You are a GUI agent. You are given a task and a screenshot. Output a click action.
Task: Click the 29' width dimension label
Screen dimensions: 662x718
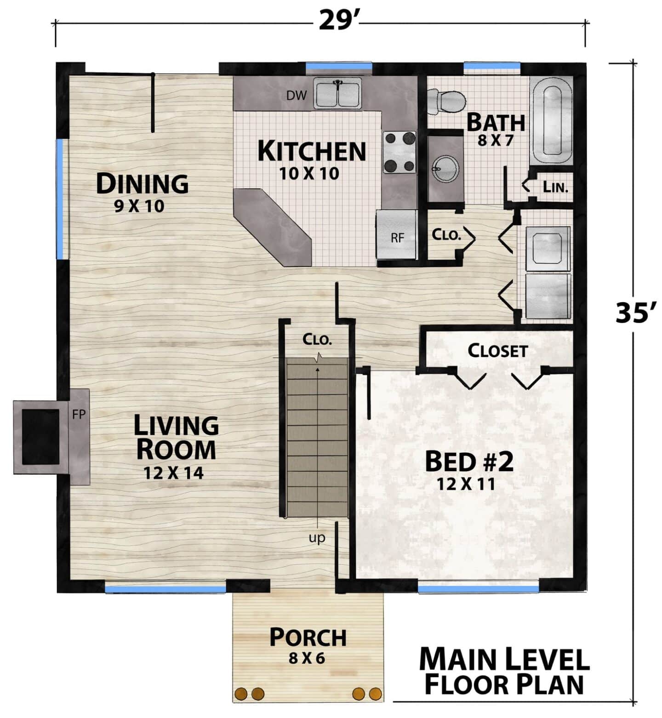tap(338, 21)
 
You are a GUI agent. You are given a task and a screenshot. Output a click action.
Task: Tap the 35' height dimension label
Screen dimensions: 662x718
tap(635, 313)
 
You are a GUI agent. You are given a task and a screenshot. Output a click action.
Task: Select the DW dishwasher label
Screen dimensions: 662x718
tap(297, 96)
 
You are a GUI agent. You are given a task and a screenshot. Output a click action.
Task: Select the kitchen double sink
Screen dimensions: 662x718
tap(338, 93)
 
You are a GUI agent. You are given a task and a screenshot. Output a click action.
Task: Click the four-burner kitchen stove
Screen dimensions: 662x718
tap(399, 153)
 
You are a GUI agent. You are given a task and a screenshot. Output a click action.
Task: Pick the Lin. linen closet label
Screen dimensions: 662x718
tap(555, 187)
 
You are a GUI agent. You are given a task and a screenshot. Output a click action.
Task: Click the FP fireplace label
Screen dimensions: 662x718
tap(79, 414)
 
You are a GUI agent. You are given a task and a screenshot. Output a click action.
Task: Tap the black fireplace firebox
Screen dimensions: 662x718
tap(41, 437)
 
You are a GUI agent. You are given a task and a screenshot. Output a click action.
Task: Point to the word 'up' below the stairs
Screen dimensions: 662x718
tap(317, 538)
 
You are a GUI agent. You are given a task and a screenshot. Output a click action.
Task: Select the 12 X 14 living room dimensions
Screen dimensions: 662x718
tap(173, 473)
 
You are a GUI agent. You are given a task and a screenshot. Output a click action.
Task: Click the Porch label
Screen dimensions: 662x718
tap(308, 638)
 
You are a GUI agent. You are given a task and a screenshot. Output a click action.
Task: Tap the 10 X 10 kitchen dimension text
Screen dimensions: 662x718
tap(309, 173)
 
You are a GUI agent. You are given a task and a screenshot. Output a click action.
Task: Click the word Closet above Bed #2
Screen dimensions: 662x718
tap(497, 351)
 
